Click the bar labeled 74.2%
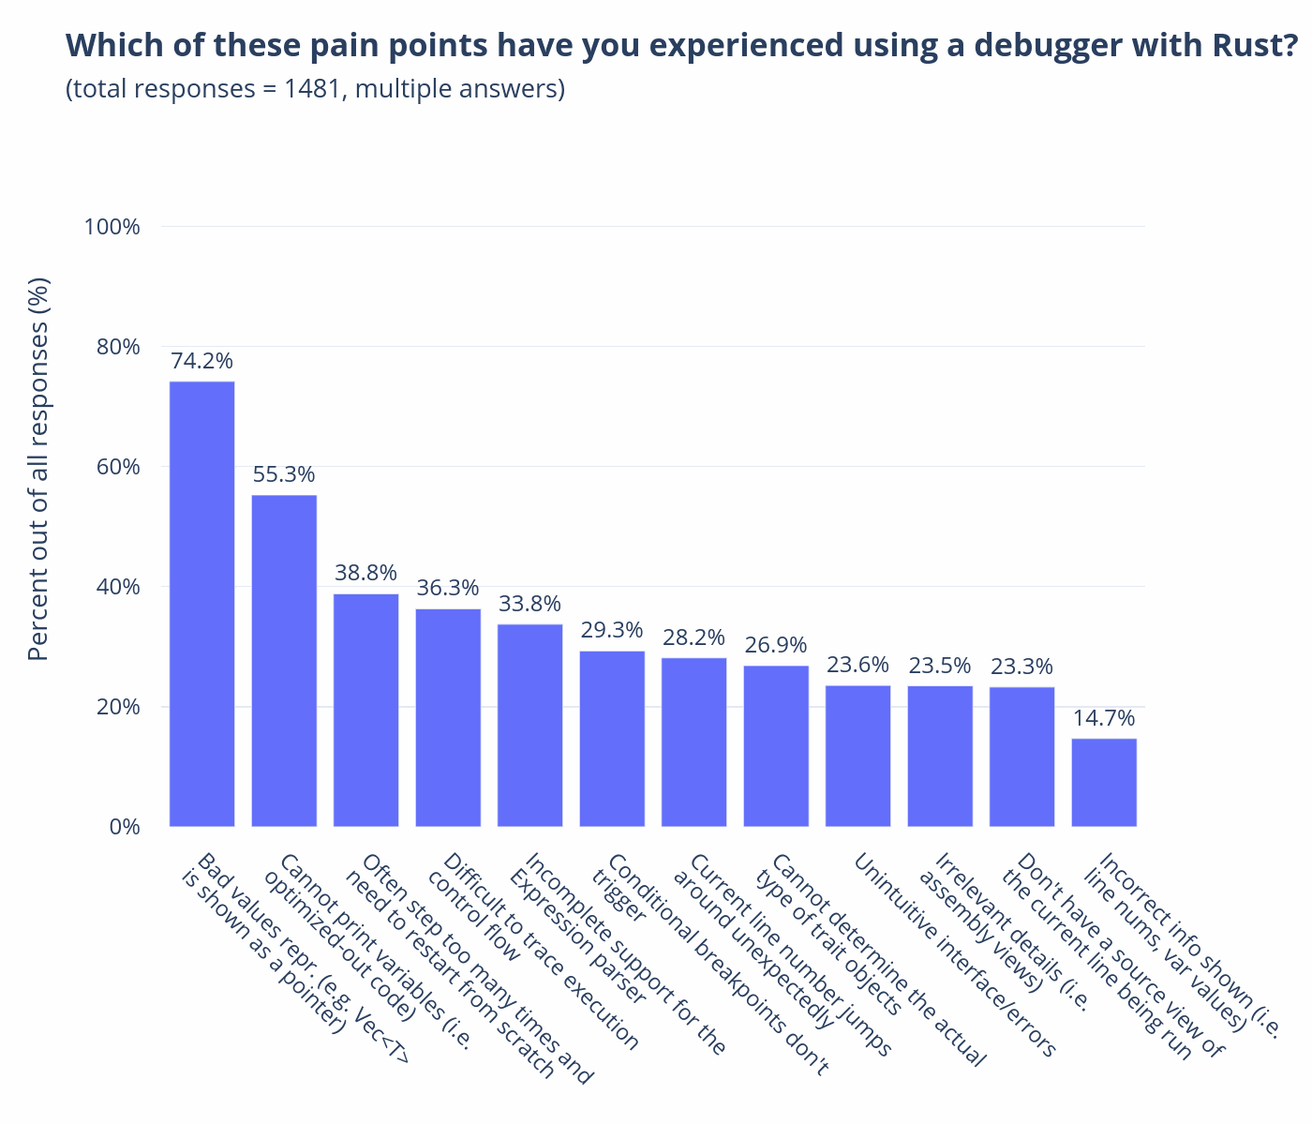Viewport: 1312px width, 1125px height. click(201, 604)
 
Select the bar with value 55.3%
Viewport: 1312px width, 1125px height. click(284, 661)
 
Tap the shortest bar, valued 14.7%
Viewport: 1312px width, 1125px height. click(1104, 782)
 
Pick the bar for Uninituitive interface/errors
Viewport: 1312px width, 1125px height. click(857, 757)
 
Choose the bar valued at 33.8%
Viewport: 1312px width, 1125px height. click(530, 726)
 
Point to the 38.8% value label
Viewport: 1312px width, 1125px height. click(365, 573)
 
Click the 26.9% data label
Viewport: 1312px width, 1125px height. click(776, 645)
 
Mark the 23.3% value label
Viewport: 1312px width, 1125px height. click(1021, 666)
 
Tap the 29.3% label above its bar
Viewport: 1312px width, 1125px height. click(612, 630)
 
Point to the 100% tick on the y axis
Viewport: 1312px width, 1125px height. click(112, 227)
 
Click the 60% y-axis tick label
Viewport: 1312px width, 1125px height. click(118, 467)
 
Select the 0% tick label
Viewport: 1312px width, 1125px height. click(125, 827)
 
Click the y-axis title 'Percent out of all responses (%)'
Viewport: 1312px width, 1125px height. click(38, 469)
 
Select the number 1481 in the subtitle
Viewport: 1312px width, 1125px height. click(314, 88)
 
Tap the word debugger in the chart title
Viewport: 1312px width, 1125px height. click(1048, 46)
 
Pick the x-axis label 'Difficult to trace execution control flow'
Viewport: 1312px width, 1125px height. click(532, 951)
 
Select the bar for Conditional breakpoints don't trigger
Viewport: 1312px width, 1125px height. click(612, 739)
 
